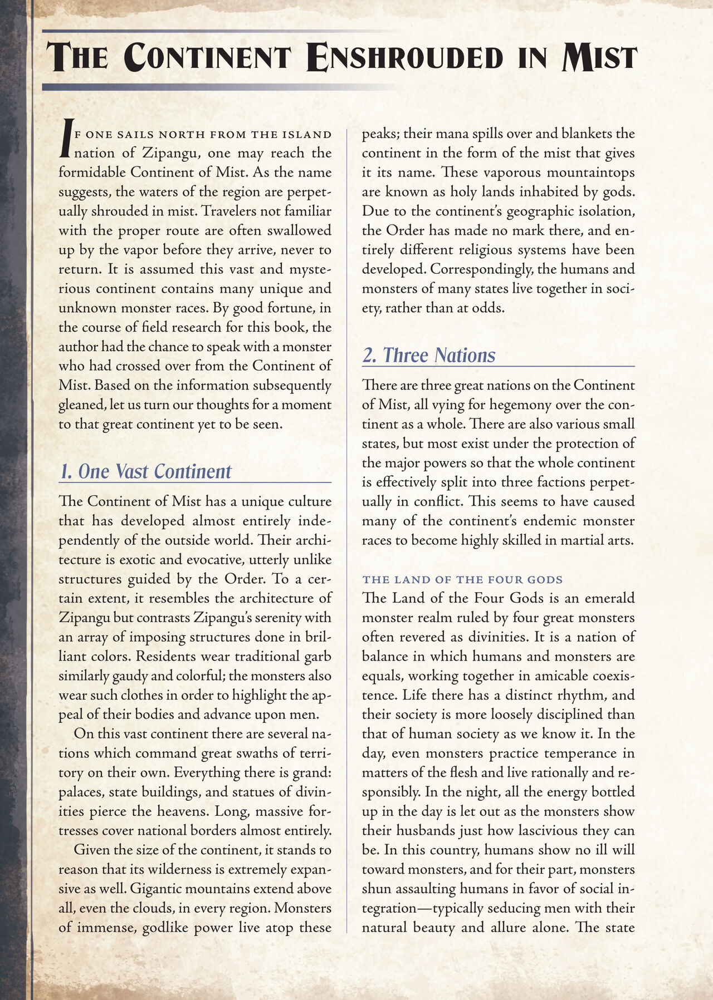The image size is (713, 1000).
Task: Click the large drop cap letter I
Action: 66,139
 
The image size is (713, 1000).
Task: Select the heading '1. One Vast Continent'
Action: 145,471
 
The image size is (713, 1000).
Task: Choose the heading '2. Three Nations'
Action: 428,356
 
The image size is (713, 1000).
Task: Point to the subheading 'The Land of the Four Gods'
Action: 462,580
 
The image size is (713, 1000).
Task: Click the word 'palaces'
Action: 81,792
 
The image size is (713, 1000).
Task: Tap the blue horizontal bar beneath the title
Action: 223,87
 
